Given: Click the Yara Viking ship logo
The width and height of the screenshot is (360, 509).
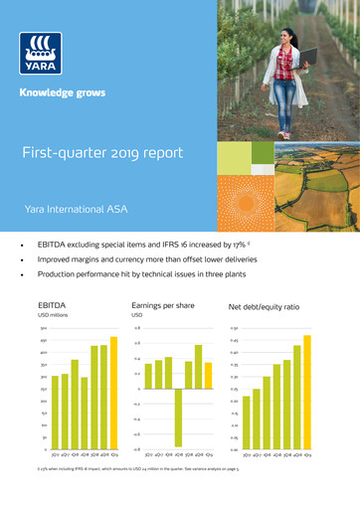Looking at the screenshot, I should coord(41,54).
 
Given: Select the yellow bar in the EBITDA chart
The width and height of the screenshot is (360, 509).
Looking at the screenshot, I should coord(112,394).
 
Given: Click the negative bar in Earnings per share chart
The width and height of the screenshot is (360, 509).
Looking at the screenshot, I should coord(179,418).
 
